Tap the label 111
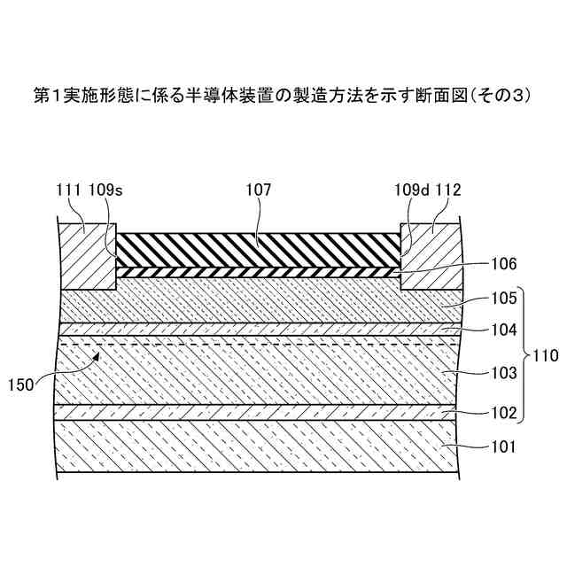coord(66,189)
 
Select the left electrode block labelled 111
coord(87,257)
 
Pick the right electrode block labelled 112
coord(431,257)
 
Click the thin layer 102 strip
coord(257,412)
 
